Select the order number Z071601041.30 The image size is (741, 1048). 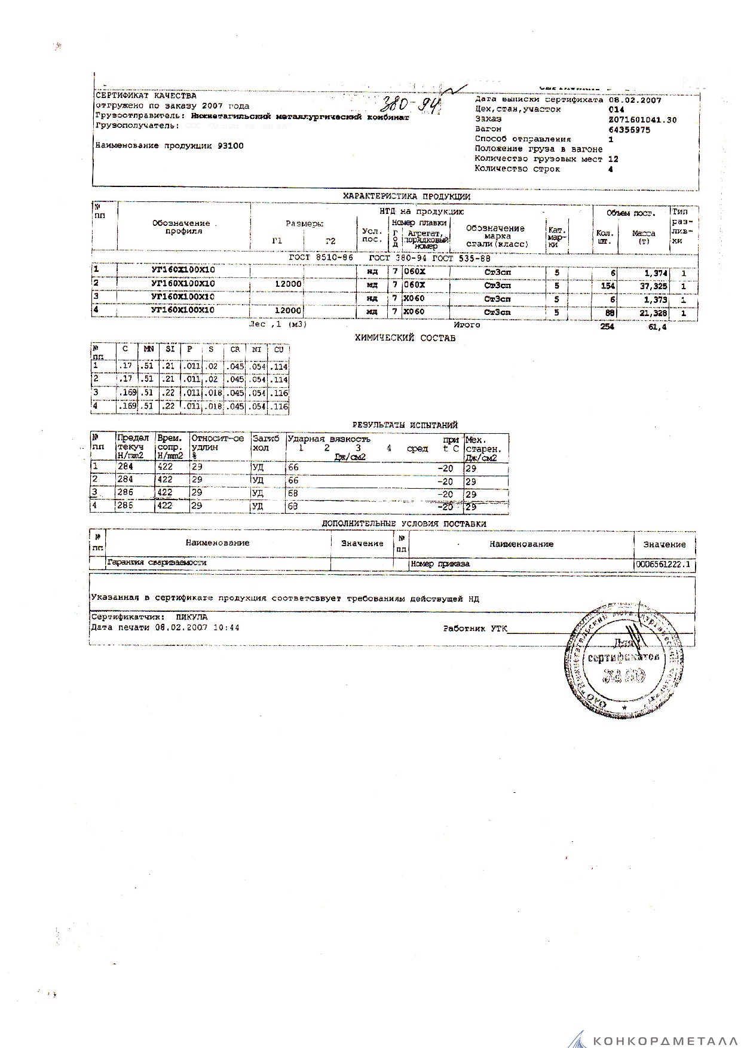tap(642, 120)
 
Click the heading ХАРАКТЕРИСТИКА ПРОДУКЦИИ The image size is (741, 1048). tap(406, 196)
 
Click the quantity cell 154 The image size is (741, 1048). tap(607, 285)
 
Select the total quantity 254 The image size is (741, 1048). tap(606, 327)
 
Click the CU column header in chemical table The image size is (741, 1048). tap(278, 350)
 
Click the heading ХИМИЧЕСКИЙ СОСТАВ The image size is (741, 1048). tap(405, 338)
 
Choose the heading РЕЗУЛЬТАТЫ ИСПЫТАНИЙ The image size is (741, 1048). tap(405, 425)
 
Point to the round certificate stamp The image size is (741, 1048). tap(624, 660)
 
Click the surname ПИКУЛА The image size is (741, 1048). tap(191, 617)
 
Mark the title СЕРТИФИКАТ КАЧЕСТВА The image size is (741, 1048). tap(146, 96)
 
